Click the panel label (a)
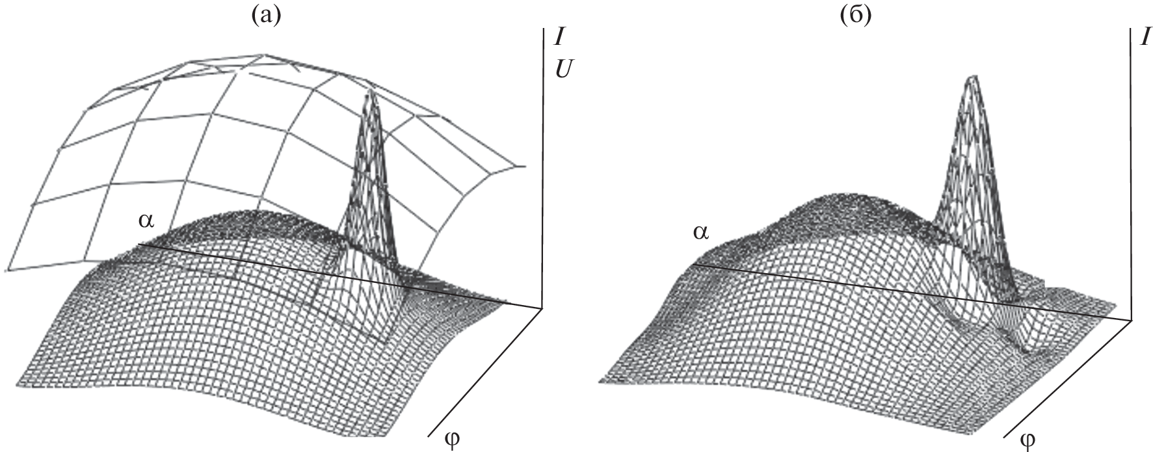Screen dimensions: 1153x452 [267, 14]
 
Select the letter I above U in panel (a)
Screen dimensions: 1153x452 [558, 37]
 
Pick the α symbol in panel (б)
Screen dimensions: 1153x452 [700, 231]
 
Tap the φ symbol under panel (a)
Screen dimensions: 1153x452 [453, 436]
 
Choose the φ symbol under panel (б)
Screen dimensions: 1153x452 [1028, 439]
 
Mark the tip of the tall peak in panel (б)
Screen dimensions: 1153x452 [973, 77]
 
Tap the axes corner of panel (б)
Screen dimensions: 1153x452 [1132, 319]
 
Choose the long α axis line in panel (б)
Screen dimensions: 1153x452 [912, 292]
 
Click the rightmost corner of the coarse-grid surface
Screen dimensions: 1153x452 [524, 166]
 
